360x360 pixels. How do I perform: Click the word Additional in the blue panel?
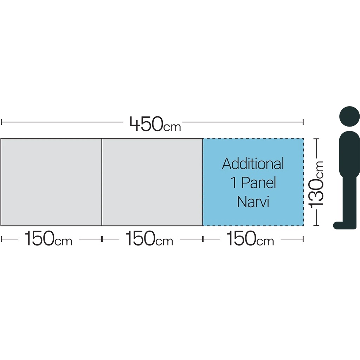(253, 164)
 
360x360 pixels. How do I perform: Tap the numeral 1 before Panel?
(233, 183)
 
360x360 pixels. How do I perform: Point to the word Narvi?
(253, 202)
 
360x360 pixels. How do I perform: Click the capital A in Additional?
(227, 164)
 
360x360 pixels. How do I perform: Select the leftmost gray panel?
(51, 182)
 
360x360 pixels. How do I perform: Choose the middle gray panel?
(152, 182)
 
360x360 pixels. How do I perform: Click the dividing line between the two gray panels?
(102, 182)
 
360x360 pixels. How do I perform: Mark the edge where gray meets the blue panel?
(203, 182)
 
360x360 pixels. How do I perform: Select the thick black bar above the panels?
(211, 123)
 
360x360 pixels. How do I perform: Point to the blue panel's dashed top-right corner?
(303, 139)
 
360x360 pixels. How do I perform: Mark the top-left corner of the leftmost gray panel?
(1, 139)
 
